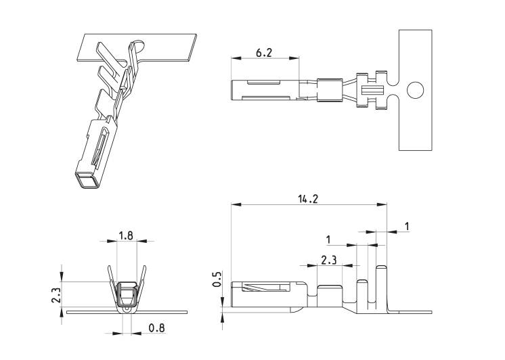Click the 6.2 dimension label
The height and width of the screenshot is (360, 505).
pyautogui.click(x=264, y=52)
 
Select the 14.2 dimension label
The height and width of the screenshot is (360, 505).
pyautogui.click(x=307, y=199)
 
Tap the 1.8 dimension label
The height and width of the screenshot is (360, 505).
pyautogui.click(x=126, y=235)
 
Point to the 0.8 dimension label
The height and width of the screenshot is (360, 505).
pyautogui.click(x=156, y=328)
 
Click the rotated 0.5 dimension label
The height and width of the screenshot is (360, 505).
pyautogui.click(x=217, y=279)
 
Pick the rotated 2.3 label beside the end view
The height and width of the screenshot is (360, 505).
pyautogui.click(x=56, y=295)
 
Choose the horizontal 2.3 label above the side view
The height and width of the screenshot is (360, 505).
pyautogui.click(x=328, y=260)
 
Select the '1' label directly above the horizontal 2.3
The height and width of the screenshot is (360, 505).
pyautogui.click(x=328, y=240)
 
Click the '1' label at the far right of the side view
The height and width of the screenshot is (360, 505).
pyautogui.click(x=407, y=227)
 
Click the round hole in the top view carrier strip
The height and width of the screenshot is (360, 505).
pyautogui.click(x=416, y=90)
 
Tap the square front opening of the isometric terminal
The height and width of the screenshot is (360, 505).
pyautogui.click(x=87, y=181)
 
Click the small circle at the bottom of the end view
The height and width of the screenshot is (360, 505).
pyautogui.click(x=127, y=309)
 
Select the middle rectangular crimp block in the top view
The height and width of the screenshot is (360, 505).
pyautogui.click(x=330, y=90)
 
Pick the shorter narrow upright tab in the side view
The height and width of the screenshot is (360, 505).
pyautogui.click(x=363, y=294)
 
